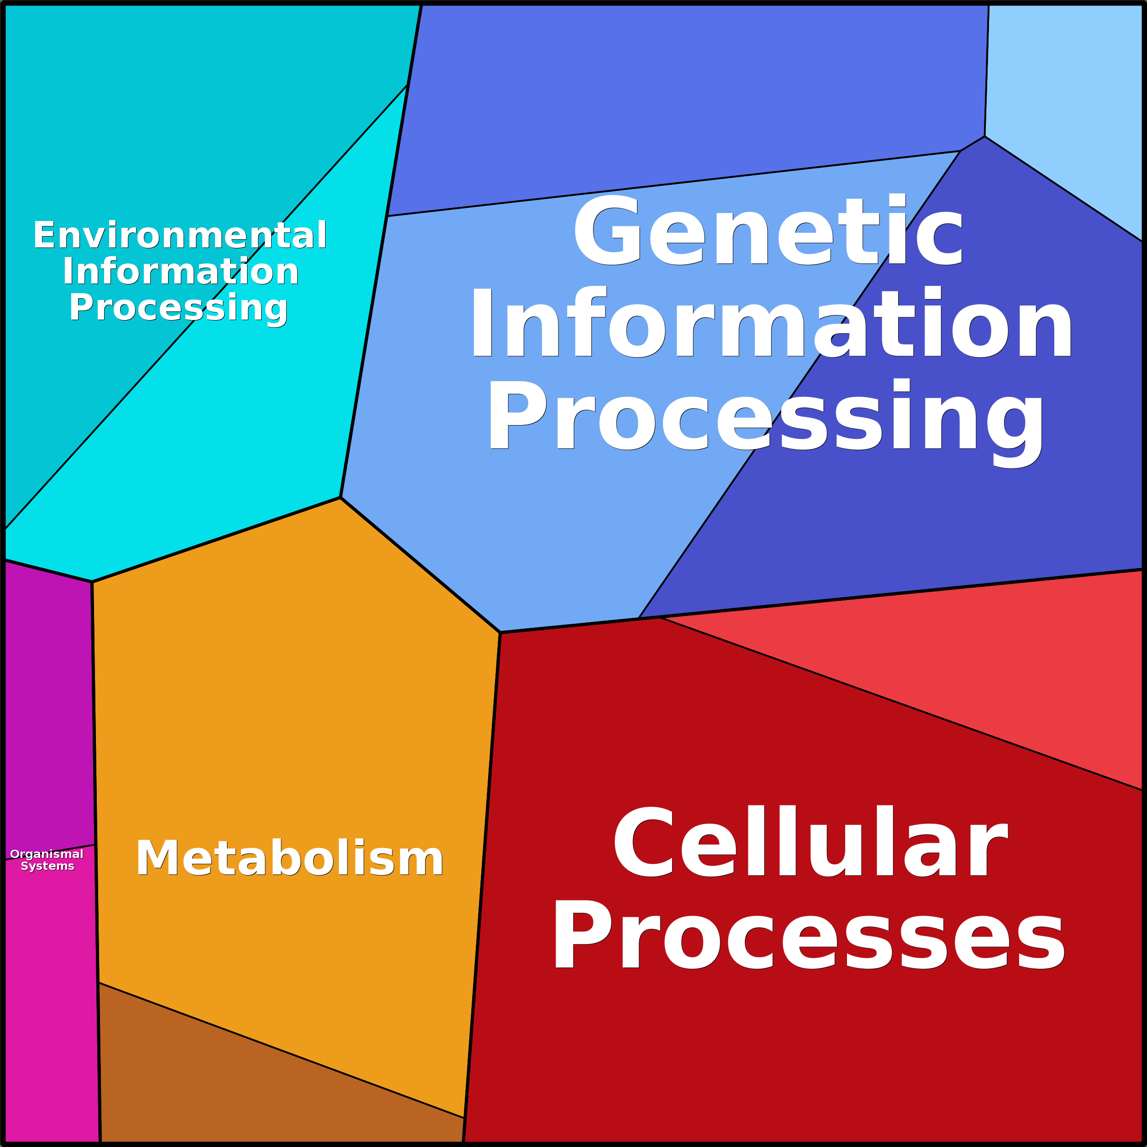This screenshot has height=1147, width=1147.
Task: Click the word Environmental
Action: [x=180, y=235]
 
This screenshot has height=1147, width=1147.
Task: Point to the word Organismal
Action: [x=47, y=854]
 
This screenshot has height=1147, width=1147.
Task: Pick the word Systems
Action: [x=47, y=866]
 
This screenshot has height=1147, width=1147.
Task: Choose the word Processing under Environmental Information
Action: [x=178, y=308]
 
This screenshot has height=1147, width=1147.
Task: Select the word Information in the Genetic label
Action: [x=772, y=324]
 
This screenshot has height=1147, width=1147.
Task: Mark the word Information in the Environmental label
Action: [x=180, y=272]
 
